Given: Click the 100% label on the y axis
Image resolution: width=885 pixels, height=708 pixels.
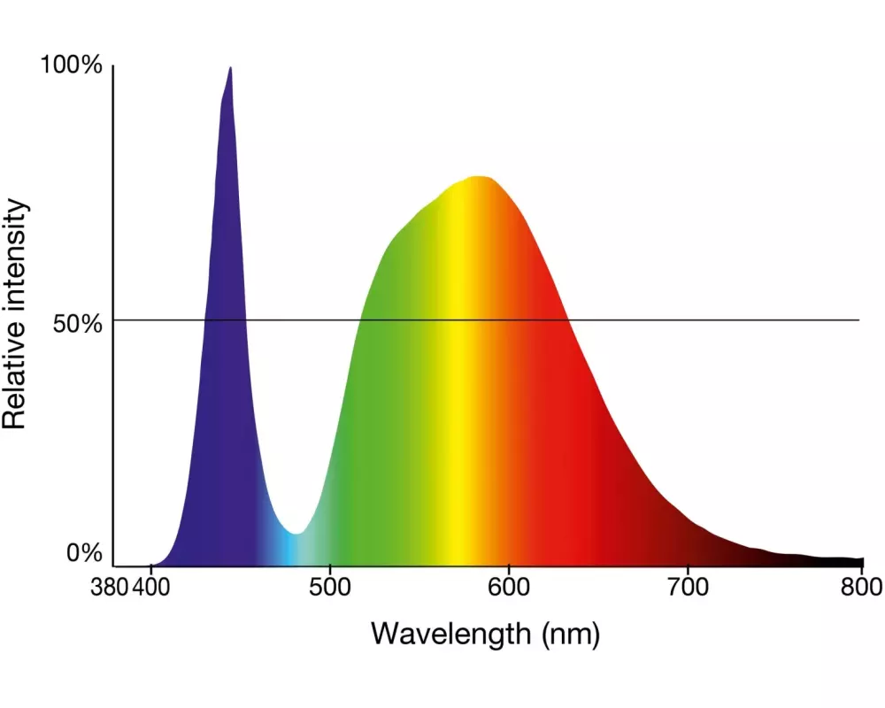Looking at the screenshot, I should coord(73,65).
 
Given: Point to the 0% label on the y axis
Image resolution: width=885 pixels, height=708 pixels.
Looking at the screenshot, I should coord(85,554).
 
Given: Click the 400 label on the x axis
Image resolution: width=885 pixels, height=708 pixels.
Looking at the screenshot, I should coord(150,588).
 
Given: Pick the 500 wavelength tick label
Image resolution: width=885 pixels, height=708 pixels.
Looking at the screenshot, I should coord(330,588).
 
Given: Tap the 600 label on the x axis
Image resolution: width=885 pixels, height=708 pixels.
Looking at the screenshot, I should coord(509,588).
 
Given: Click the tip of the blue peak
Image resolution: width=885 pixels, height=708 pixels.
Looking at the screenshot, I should coord(230,68).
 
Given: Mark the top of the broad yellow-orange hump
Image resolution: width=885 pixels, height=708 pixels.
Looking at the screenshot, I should coord(481,177).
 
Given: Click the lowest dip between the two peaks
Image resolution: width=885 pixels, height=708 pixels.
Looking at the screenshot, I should coord(296,534).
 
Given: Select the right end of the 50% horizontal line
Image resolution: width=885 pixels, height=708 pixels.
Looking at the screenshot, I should coord(858,319).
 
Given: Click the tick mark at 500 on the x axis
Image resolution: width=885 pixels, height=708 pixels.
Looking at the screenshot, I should coord(330,569).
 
